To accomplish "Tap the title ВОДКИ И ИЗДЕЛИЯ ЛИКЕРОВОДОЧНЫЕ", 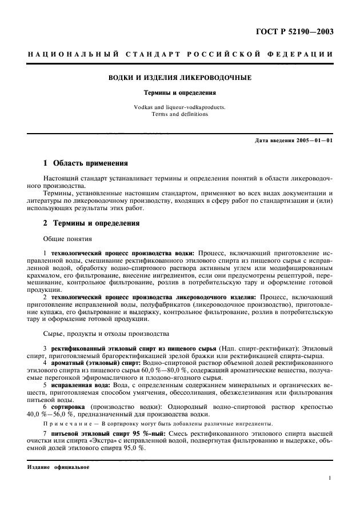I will pyautogui.click(x=179, y=77).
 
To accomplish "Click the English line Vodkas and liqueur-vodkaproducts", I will pyautogui.click(x=179, y=107).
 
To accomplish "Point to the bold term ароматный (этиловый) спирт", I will pyautogui.click(x=91, y=363).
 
